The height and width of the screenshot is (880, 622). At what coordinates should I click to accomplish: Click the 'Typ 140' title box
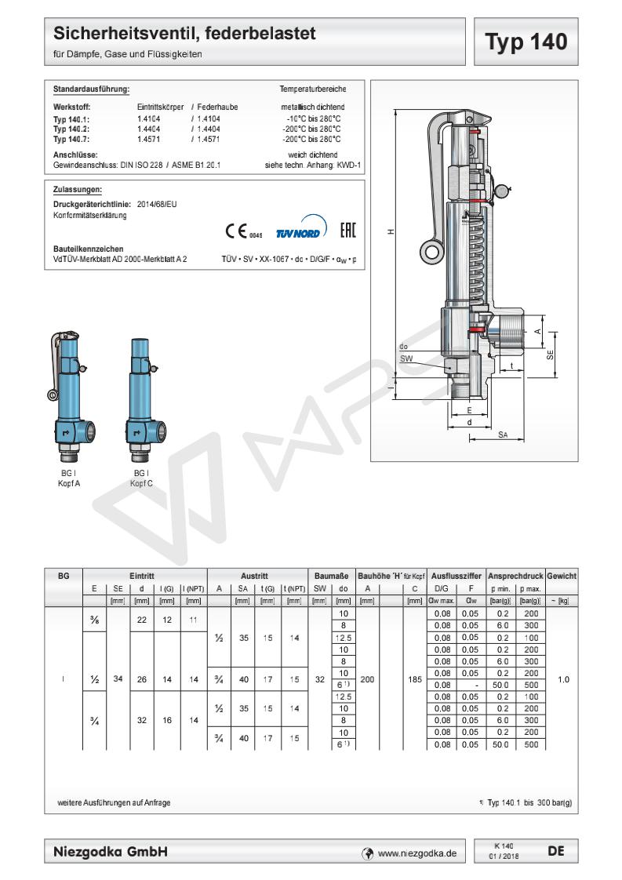(x=526, y=42)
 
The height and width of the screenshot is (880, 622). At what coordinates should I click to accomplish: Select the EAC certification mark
(x=347, y=231)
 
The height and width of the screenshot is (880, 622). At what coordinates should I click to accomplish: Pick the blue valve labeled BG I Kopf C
(x=140, y=400)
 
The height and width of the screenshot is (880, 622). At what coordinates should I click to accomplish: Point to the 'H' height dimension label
(x=390, y=232)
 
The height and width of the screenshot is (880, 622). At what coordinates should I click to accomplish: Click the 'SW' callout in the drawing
(x=406, y=358)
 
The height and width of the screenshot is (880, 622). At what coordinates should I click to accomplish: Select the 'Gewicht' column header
(x=562, y=576)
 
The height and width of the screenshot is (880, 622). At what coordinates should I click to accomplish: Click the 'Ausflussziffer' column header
(x=456, y=576)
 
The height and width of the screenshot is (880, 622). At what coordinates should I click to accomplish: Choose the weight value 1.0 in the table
(x=562, y=680)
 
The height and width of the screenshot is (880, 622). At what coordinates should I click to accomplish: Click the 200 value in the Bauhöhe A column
(x=367, y=680)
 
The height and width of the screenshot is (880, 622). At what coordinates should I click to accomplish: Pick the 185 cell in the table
(x=415, y=680)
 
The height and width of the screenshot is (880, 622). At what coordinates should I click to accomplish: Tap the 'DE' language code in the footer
(x=556, y=850)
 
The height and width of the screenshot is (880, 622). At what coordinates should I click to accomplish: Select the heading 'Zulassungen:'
(x=77, y=189)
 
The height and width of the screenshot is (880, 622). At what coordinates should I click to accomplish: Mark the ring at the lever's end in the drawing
(x=429, y=250)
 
